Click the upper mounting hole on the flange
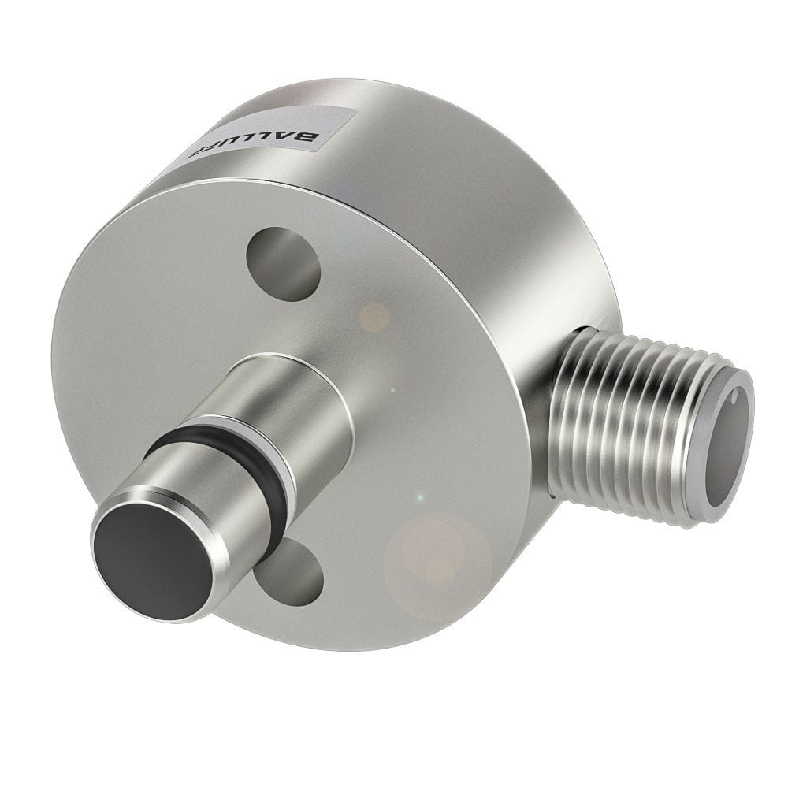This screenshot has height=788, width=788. (284, 263)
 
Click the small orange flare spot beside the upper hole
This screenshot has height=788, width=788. (375, 318)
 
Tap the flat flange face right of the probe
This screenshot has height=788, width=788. (441, 410)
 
